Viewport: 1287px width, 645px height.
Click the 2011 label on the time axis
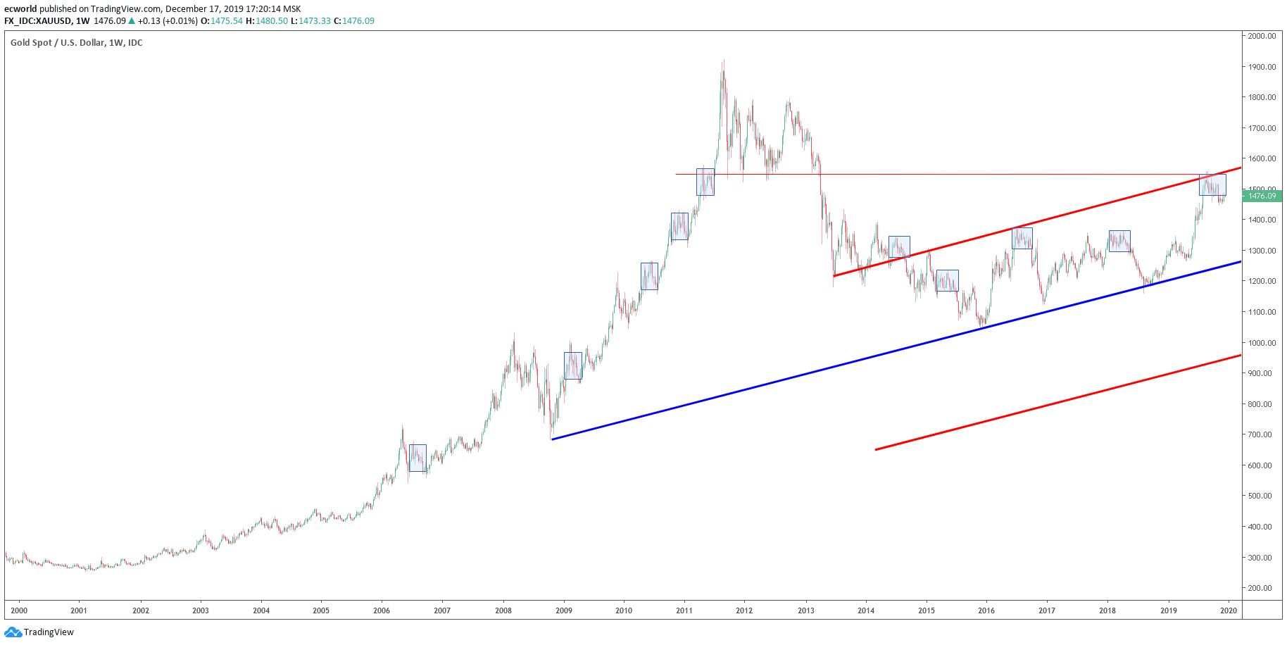click(x=684, y=610)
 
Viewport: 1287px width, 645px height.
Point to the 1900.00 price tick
click(x=1262, y=67)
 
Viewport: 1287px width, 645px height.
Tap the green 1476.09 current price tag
click(x=1262, y=196)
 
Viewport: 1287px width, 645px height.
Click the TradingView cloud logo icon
click(x=13, y=632)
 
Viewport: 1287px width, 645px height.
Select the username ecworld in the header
click(x=20, y=9)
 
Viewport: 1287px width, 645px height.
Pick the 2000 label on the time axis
click(x=19, y=610)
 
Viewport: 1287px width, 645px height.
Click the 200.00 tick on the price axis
click(x=1262, y=588)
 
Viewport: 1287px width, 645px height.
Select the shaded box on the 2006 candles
click(x=418, y=458)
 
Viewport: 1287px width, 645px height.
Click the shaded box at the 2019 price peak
click(x=1212, y=185)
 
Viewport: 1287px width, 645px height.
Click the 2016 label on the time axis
click(x=986, y=610)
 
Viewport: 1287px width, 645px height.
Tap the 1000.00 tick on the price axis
click(x=1262, y=343)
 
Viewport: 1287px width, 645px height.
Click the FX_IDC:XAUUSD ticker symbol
click(x=37, y=21)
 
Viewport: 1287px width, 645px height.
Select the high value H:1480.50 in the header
click(x=267, y=21)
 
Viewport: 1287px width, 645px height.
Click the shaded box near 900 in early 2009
click(x=573, y=365)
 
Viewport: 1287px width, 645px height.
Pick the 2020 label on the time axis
click(x=1229, y=610)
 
